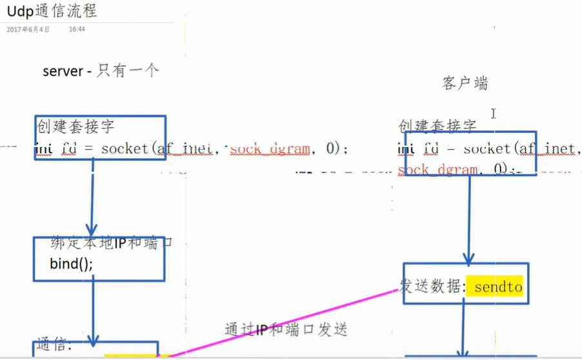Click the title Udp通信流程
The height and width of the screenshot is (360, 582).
tap(52, 12)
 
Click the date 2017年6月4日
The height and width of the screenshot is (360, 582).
tap(27, 29)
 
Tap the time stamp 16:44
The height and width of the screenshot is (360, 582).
tap(77, 29)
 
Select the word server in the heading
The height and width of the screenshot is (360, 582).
tap(63, 72)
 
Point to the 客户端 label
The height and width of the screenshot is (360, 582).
tap(465, 83)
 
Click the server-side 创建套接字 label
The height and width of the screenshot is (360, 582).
tap(75, 126)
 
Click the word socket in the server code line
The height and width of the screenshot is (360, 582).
tap(125, 149)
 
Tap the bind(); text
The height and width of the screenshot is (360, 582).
tap(71, 263)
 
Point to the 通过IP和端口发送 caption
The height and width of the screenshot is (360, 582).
tap(286, 329)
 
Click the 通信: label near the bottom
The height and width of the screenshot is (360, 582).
tap(54, 345)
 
